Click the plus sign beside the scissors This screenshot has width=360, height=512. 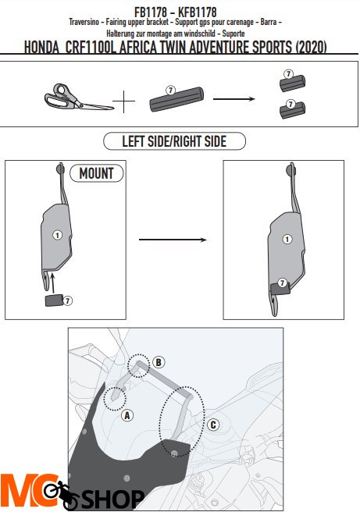pos(124,101)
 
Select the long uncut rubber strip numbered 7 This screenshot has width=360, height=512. pos(176,99)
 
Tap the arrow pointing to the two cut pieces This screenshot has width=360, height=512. pos(234,98)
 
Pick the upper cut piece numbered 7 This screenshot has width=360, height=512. pos(292,82)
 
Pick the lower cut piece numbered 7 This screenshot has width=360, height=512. pos(292,110)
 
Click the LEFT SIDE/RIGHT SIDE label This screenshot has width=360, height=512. pos(174,141)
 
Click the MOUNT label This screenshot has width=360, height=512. pos(97,173)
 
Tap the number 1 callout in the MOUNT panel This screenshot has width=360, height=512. pos(58,235)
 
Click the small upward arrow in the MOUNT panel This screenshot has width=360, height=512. pos(52,283)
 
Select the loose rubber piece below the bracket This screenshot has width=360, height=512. pos(54,300)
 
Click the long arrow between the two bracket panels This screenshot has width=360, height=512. pos(173,240)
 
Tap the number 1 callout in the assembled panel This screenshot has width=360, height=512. pos(287,240)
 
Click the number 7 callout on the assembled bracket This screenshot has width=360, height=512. pos(282,283)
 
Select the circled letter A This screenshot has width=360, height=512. pos(127,416)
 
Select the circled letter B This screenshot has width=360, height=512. pos(159,362)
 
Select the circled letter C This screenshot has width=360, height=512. pos(213,425)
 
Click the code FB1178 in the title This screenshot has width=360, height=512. pos(151,12)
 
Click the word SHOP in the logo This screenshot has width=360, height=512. pos(112,499)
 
